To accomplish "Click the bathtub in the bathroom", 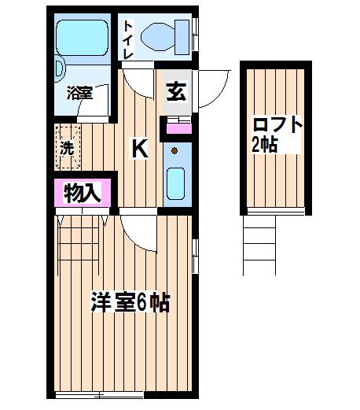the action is coord(83,38).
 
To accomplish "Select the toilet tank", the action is coord(182,37).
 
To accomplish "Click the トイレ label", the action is coord(128,39).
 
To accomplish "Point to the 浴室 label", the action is coord(79,93).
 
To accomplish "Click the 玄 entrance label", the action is coord(177,92).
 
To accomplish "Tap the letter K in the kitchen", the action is coord(140,149).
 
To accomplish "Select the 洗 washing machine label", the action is coord(67,148).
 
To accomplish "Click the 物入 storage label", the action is coord(83,194).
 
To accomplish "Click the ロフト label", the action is coord(277,125).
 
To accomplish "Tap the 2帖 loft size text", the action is coord(264,144).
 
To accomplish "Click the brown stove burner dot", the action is coord(174,151).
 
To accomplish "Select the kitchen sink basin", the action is coord(175,183).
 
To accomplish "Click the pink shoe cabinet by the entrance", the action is coord(179,128).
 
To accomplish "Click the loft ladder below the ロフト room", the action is coord(259,246).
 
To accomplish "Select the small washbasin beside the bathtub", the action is coord(60,68).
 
